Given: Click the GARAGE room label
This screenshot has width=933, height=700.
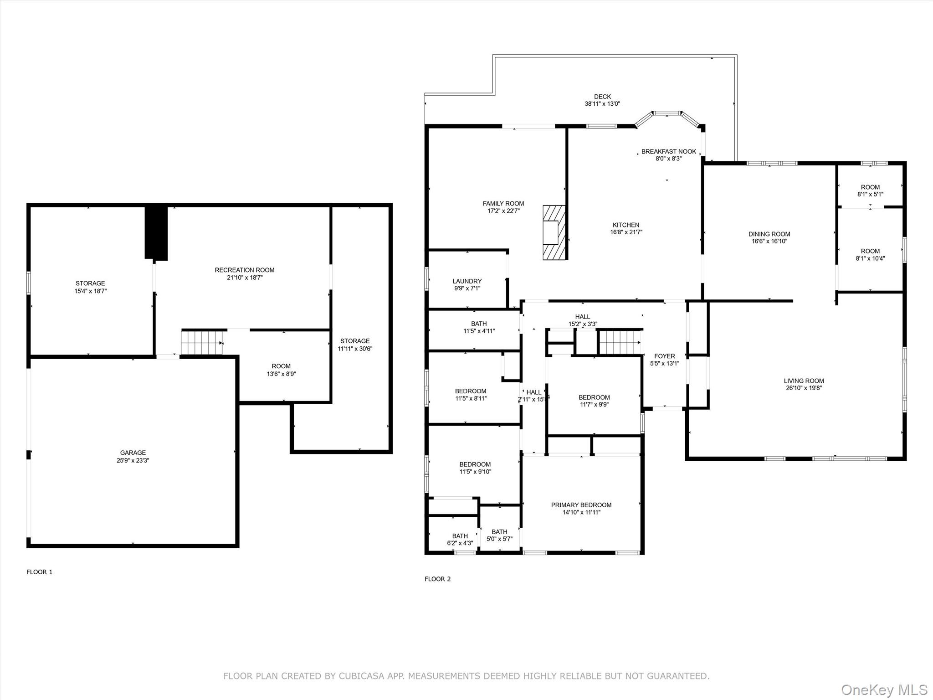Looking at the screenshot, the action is pos(133,453).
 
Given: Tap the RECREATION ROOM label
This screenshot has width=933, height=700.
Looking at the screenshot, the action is pos(245,270).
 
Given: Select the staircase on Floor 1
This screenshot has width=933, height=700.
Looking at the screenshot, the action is pos(202,343).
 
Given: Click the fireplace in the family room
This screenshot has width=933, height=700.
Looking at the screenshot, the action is pos(554,232).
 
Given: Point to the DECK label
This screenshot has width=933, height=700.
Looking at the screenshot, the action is pos(602,97).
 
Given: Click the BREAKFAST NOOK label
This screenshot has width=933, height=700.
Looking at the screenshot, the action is pos(669,152).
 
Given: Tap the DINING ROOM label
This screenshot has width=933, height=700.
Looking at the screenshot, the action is pos(769,234).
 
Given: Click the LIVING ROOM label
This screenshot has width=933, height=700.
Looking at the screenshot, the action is pos(804,381).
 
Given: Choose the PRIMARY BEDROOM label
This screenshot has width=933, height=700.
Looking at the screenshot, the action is pos(581,505).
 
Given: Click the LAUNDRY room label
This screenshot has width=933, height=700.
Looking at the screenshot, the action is pos(467,281).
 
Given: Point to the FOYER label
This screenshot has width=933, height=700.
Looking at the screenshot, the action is pos(665,356).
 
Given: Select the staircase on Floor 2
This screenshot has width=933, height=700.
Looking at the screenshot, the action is pos(620,342).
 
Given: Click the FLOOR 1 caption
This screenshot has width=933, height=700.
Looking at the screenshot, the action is pos(40,572).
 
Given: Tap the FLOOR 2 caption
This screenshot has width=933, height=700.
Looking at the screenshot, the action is pos(438,579).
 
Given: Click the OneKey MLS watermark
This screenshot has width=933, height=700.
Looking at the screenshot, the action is pos(884,690).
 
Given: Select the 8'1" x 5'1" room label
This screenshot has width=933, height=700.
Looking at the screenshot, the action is pos(870,194).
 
